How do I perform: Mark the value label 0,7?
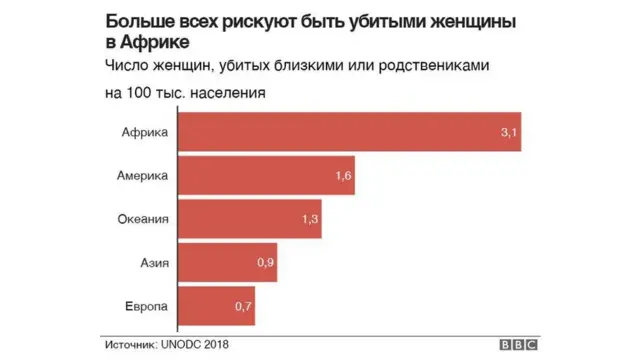pos(243,306)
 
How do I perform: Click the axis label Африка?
pos(145,133)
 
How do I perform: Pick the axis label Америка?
pos(142,176)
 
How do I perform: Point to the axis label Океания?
pos(142,219)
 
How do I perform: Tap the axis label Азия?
pos(153,263)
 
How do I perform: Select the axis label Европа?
pos(146,305)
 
